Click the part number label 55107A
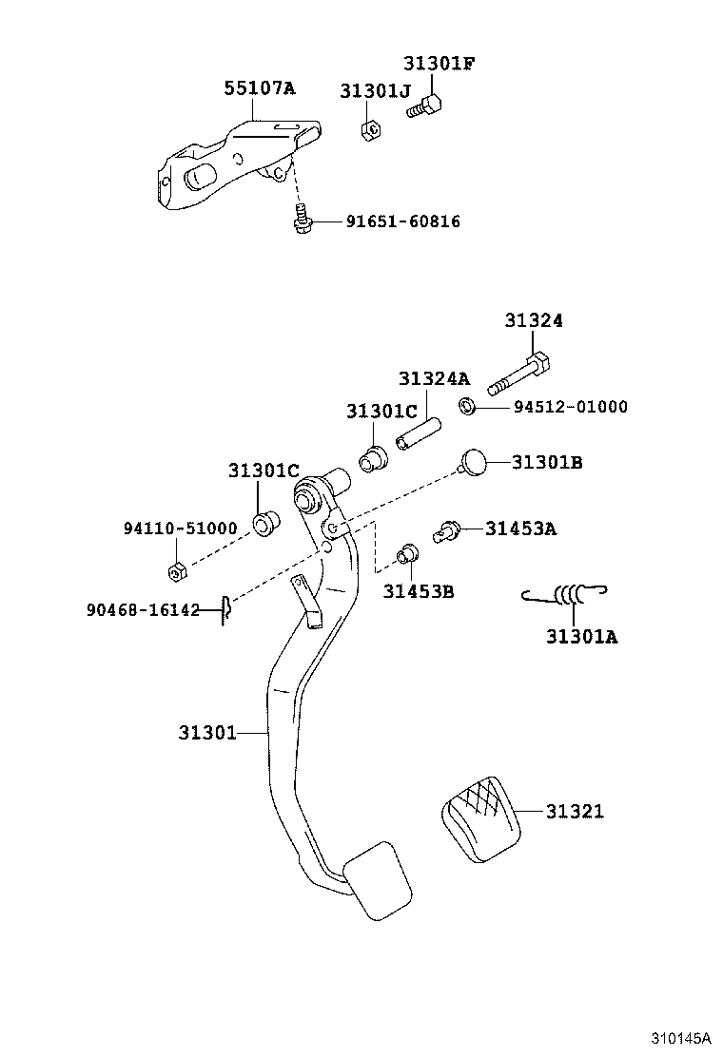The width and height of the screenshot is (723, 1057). tap(259, 89)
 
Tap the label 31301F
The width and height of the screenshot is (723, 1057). tap(438, 64)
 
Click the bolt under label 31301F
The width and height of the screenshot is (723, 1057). tap(424, 106)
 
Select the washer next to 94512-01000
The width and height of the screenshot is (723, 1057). tap(468, 407)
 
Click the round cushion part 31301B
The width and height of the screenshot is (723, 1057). tap(473, 462)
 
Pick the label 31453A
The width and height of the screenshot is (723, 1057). tap(520, 528)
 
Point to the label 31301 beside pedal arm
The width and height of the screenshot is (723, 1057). tap(206, 732)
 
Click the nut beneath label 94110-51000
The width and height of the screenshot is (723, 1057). tap(174, 571)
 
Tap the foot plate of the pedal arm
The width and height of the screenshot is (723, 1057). tap(377, 880)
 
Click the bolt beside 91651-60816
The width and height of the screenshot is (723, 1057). tap(300, 220)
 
